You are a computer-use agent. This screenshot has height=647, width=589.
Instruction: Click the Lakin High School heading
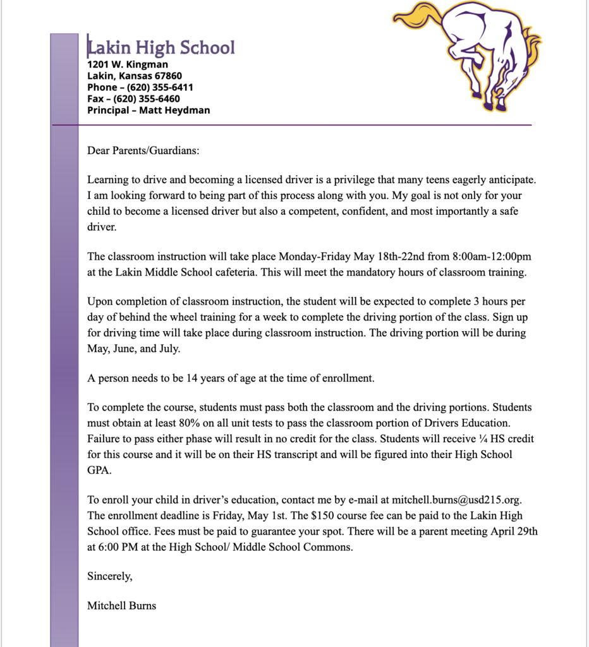pos(161,48)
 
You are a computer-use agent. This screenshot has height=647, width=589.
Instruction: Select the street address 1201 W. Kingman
pos(128,64)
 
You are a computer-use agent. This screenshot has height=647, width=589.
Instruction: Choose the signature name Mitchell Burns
pos(122,606)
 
